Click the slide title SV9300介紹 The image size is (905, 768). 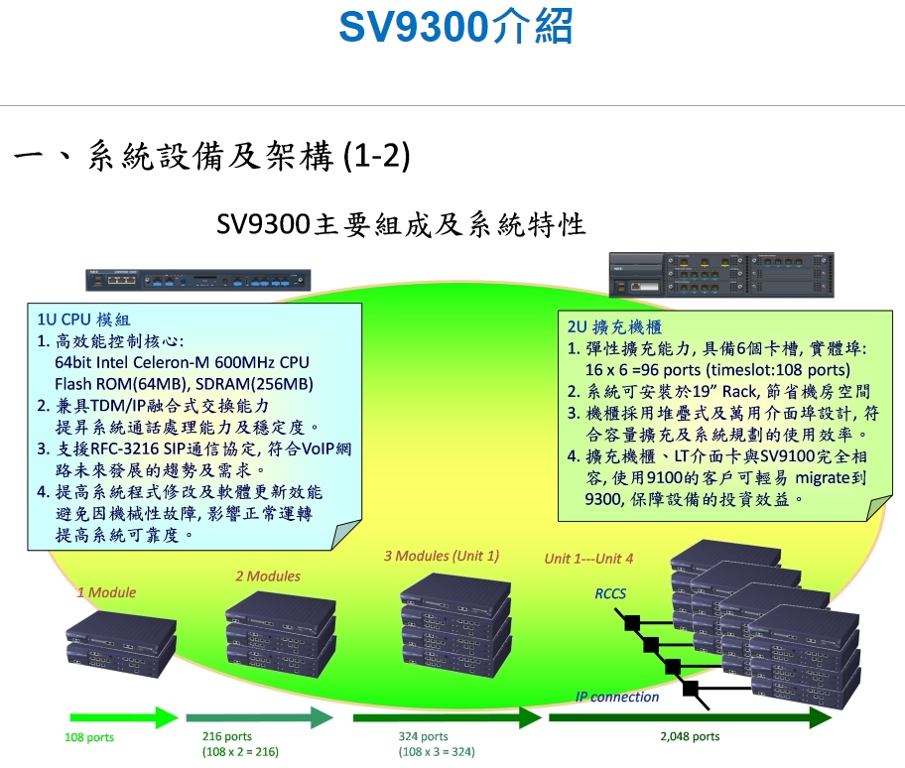tap(455, 27)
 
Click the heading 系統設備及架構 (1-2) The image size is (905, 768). tap(249, 156)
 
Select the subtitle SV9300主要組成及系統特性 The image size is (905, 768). tap(401, 224)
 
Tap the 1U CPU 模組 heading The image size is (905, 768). tap(83, 320)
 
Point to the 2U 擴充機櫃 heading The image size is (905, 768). tap(614, 327)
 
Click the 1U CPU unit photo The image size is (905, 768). tap(198, 280)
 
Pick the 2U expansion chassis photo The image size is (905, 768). tap(721, 275)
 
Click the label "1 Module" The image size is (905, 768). tap(107, 592)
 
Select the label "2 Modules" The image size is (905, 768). tap(268, 576)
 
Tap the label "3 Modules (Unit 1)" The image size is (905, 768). tap(442, 556)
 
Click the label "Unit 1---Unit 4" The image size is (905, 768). tap(588, 559)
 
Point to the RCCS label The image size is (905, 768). tap(610, 593)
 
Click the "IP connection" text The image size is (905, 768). tap(617, 697)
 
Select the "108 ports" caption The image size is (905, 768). tap(89, 737)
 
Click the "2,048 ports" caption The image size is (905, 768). tap(690, 736)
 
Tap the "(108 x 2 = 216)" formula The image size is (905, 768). tap(240, 752)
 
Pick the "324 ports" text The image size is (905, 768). tap(423, 736)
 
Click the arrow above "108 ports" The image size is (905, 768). tap(124, 717)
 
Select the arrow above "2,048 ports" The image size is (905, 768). tap(691, 717)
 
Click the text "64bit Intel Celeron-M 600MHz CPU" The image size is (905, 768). tap(182, 362)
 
